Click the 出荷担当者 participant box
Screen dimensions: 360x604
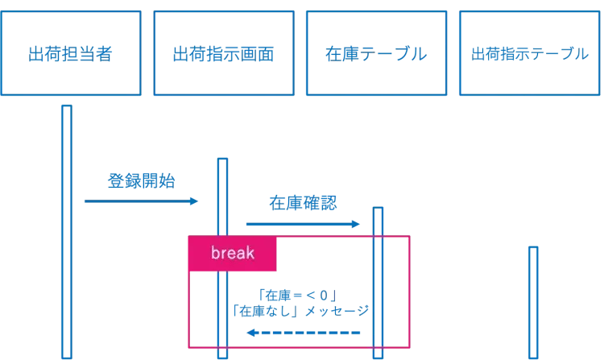click(71, 53)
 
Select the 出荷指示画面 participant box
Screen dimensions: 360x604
click(223, 53)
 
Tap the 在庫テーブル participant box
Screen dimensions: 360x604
click(375, 53)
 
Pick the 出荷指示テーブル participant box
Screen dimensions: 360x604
click(529, 53)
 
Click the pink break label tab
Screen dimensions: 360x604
click(233, 254)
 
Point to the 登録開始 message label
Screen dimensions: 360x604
click(141, 181)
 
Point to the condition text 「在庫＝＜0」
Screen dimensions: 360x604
click(297, 295)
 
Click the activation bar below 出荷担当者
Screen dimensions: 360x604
click(67, 234)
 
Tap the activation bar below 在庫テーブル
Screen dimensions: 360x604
click(378, 282)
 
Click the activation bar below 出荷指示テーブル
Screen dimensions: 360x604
click(532, 302)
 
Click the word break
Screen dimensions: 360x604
click(233, 254)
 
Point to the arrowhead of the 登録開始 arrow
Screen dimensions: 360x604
click(193, 201)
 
